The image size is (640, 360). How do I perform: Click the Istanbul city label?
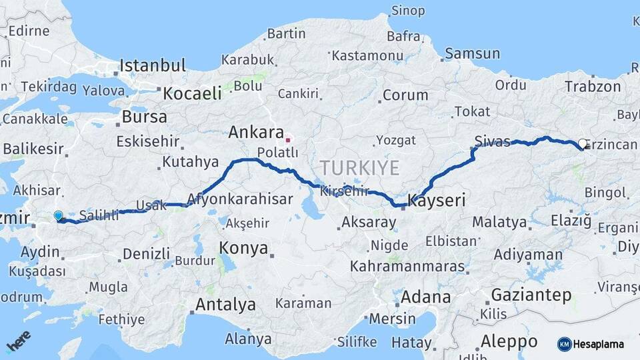click(152, 65)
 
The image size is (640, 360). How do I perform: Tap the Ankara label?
click(256, 132)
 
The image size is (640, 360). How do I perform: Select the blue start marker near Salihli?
click(58, 216)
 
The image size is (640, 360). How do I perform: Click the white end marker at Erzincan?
click(583, 143)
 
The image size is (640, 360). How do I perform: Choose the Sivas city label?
click(493, 141)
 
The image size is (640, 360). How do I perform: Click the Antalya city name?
click(225, 305)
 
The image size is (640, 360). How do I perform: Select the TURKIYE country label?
click(359, 167)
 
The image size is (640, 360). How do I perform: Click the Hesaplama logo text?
click(598, 344)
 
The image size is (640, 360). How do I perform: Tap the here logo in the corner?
click(18, 341)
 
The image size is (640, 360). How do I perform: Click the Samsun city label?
click(472, 53)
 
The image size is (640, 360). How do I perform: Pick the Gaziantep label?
click(531, 294)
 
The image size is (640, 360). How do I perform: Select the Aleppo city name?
click(509, 341)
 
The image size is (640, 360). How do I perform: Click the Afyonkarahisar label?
click(241, 198)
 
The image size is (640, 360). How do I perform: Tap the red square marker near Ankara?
click(287, 140)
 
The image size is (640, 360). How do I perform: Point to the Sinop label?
click(407, 10)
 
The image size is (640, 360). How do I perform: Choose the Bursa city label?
click(144, 117)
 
